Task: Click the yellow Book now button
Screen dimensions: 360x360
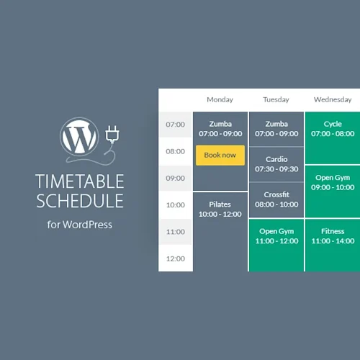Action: coord(220,155)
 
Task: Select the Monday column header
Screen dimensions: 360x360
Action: coord(220,99)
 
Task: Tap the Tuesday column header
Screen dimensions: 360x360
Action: coord(276,99)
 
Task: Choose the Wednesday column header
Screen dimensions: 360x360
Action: coord(332,99)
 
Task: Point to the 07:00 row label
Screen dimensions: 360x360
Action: coord(176,125)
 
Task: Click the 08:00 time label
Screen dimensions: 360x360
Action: coord(176,151)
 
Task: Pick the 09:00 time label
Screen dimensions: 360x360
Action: coord(176,178)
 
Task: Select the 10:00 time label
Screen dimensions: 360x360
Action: coord(176,205)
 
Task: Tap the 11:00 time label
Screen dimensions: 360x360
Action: coord(176,232)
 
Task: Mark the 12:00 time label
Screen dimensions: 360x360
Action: coord(176,258)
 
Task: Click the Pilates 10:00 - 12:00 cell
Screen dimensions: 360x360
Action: coord(220,210)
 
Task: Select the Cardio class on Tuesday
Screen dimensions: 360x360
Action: coord(276,164)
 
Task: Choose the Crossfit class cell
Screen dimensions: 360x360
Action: coord(276,199)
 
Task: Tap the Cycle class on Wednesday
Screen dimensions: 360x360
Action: coord(333,129)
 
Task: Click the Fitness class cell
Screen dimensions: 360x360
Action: coord(333,236)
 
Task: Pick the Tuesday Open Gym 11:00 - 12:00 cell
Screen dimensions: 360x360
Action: coord(276,236)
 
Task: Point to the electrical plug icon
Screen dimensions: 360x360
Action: coord(111,135)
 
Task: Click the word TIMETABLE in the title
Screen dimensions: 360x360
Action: coord(80,181)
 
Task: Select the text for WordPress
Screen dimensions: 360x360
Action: coord(80,225)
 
